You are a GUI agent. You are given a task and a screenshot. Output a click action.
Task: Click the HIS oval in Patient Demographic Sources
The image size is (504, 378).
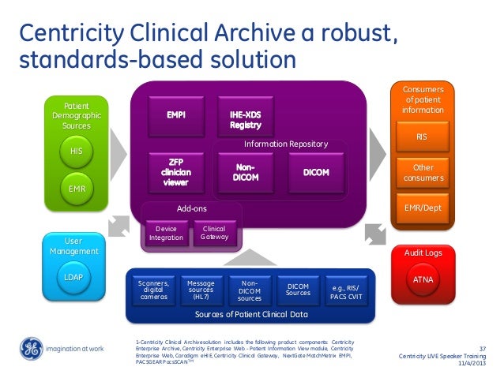point(76,151)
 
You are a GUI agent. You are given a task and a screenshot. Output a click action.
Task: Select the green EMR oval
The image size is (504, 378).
point(76,188)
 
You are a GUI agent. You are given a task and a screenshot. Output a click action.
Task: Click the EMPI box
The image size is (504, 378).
point(175,115)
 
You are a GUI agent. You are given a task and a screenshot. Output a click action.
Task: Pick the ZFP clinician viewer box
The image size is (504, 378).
point(175,171)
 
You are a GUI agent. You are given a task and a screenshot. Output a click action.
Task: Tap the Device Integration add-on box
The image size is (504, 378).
point(166,234)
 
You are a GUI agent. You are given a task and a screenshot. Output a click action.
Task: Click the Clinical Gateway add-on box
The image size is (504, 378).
point(213,234)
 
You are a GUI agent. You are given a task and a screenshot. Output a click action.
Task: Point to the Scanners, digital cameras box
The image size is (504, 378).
point(152,290)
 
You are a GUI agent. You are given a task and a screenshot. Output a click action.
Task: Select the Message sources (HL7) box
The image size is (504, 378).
point(201,290)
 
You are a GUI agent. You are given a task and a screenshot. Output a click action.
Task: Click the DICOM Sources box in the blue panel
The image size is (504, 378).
point(298,290)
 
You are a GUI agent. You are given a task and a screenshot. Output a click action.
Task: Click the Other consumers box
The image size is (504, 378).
point(422,173)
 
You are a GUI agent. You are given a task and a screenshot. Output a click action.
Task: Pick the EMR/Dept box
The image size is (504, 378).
point(422,208)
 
